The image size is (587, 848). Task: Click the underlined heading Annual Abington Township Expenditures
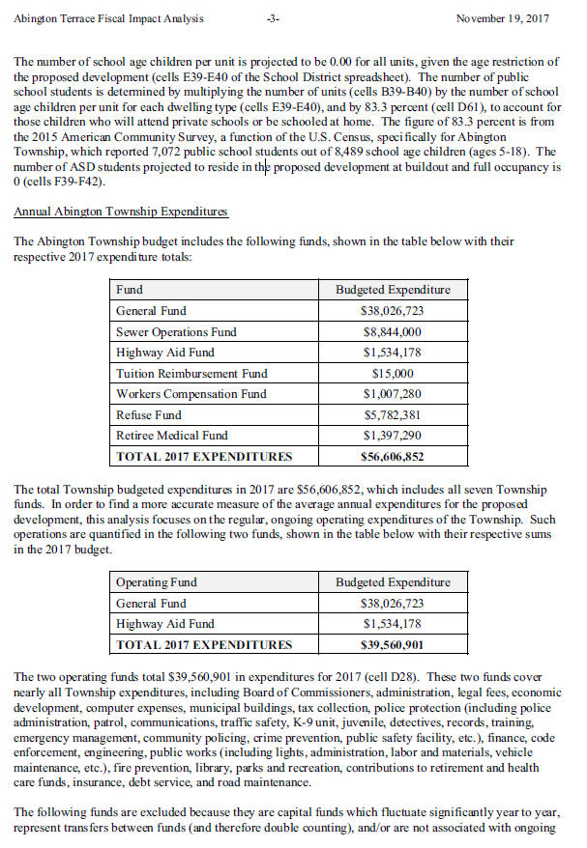pyautogui.click(x=120, y=212)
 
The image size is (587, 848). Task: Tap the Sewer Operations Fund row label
pyautogui.click(x=176, y=332)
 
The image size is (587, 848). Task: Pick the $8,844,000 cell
pyautogui.click(x=393, y=332)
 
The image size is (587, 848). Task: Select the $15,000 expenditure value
pyautogui.click(x=393, y=373)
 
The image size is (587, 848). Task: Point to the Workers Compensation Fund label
pyautogui.click(x=191, y=394)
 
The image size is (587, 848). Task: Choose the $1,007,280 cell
pyautogui.click(x=393, y=394)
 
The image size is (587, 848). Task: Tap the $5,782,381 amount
pyautogui.click(x=393, y=415)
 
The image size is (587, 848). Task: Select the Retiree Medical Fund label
pyautogui.click(x=172, y=436)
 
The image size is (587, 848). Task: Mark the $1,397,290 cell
pyautogui.click(x=393, y=436)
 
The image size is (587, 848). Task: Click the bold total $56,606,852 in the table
pyautogui.click(x=393, y=457)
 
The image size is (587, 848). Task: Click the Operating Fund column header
pyautogui.click(x=158, y=582)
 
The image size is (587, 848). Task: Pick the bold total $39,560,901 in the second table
pyautogui.click(x=393, y=645)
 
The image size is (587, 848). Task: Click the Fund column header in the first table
pyautogui.click(x=130, y=290)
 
